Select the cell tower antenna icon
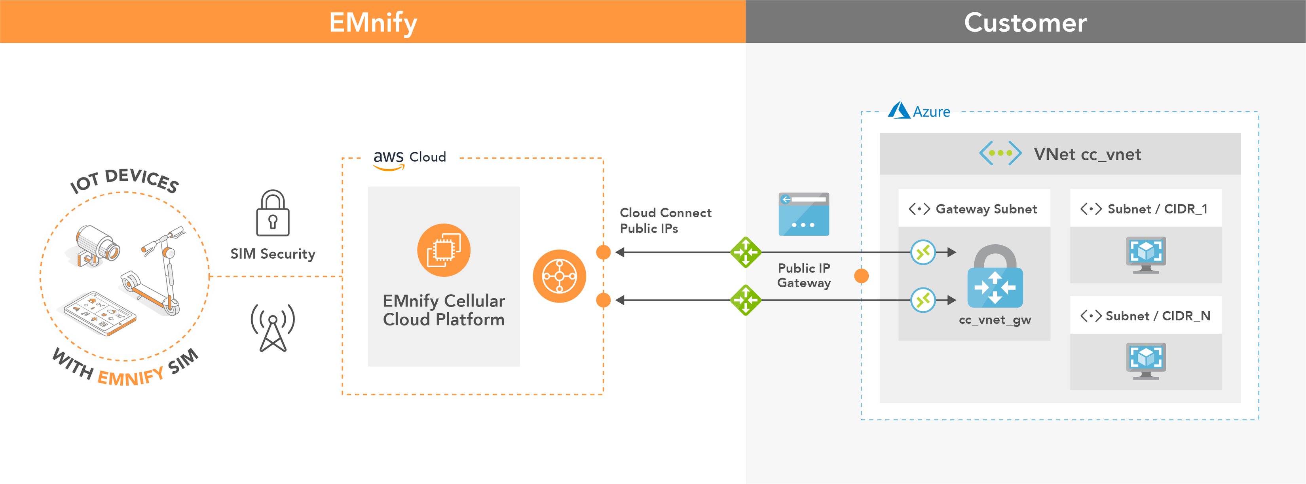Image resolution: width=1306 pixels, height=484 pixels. click(273, 327)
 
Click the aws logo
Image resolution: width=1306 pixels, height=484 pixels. click(388, 159)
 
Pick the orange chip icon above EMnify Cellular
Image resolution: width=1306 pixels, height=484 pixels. click(444, 250)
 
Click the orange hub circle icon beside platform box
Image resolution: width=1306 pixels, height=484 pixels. click(559, 276)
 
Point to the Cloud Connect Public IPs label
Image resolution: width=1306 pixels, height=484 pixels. click(665, 221)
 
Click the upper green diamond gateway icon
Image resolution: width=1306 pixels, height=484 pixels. click(745, 252)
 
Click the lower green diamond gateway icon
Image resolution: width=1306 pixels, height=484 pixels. click(745, 300)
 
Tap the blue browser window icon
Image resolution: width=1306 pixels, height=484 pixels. click(803, 214)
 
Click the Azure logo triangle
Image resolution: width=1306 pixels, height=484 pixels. click(899, 110)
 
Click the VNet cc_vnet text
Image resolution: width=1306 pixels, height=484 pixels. click(1087, 154)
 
